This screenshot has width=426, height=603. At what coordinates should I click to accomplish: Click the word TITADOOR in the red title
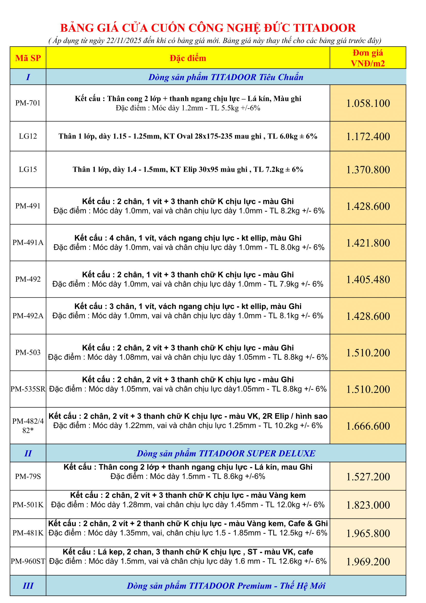click(x=324, y=28)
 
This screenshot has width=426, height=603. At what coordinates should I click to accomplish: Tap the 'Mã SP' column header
click(x=28, y=58)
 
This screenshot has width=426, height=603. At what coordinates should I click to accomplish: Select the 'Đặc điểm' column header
click(x=188, y=58)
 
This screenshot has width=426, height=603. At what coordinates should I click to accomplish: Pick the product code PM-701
click(x=28, y=103)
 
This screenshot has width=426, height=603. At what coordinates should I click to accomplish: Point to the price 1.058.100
click(x=368, y=103)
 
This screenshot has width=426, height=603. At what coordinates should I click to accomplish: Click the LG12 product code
click(x=28, y=136)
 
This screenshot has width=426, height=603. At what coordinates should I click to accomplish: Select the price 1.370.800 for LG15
click(x=368, y=170)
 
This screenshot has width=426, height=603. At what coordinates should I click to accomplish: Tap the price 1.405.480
click(x=368, y=279)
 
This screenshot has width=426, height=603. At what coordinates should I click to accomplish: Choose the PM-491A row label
click(x=28, y=242)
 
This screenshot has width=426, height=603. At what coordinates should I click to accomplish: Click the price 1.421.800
click(x=368, y=243)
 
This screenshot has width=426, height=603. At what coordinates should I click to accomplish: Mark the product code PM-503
click(x=28, y=352)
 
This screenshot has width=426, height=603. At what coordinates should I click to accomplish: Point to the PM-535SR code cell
click(x=28, y=389)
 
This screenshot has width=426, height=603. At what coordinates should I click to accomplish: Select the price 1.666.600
click(x=368, y=426)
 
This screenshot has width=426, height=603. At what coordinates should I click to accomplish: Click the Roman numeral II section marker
click(x=28, y=454)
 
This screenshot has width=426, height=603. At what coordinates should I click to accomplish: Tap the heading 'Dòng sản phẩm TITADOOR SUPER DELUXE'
click(x=226, y=454)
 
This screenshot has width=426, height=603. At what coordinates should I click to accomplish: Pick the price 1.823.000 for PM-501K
click(x=368, y=505)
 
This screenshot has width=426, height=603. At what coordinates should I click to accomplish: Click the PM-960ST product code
click(x=28, y=561)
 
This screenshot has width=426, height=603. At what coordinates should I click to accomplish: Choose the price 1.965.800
click(x=368, y=533)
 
